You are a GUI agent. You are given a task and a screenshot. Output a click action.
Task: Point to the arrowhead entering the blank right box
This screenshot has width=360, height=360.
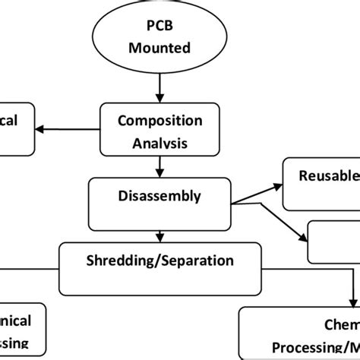tap(304, 236)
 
